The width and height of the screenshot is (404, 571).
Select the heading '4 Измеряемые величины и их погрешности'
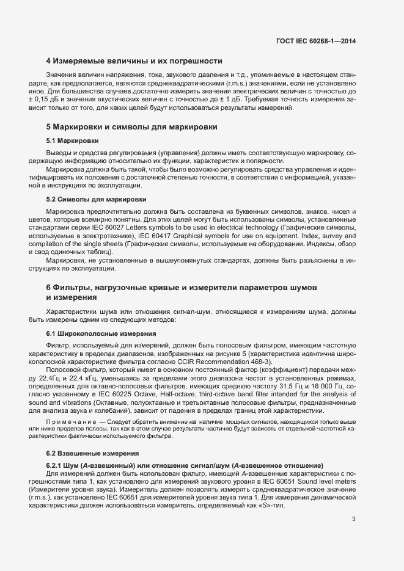133,61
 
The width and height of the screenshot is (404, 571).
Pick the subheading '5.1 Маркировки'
73,141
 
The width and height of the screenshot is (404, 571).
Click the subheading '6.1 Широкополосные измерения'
101,334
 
